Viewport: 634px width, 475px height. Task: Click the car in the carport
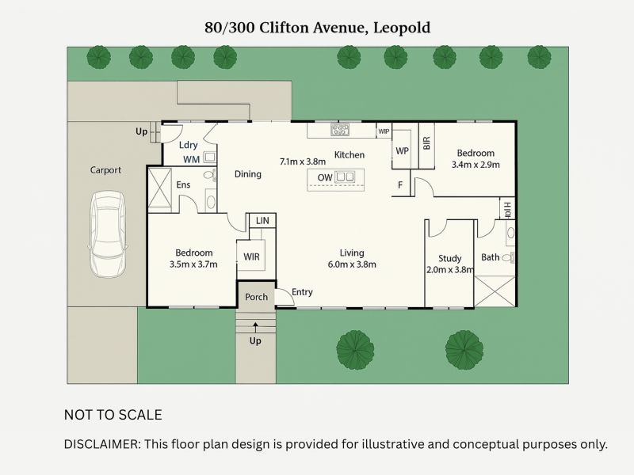coord(106,235)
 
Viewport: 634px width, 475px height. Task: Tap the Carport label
coord(105,170)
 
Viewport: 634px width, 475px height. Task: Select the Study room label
coord(449,258)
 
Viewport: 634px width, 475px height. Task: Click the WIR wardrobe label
coord(251,257)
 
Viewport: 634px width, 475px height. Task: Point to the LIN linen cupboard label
coord(262,221)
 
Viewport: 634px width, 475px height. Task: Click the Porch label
coord(255,297)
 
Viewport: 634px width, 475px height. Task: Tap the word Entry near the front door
coord(302,293)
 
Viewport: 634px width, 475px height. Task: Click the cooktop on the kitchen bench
coord(340,130)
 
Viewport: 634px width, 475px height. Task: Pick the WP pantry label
coord(402,150)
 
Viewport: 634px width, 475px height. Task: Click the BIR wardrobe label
coord(426,143)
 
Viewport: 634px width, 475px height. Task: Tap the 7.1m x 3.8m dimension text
coord(303,161)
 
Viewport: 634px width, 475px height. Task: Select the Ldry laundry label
coord(188,146)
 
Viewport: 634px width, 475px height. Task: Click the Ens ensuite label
coord(183,184)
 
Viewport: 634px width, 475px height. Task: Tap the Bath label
coord(490,257)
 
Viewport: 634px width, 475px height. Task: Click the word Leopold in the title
coord(401,28)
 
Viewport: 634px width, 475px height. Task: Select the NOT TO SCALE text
coord(113,415)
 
